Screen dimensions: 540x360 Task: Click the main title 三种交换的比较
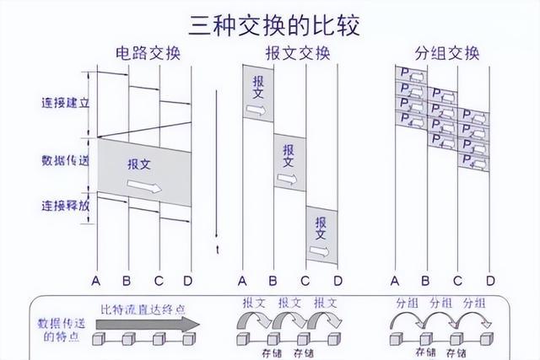(271, 24)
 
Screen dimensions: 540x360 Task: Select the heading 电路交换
(148, 55)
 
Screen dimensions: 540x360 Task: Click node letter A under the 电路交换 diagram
(97, 279)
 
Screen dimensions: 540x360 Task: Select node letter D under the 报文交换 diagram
(337, 279)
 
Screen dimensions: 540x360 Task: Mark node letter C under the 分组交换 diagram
(458, 279)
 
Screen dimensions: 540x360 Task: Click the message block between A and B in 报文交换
(258, 94)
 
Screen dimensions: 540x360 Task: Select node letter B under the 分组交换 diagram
(425, 279)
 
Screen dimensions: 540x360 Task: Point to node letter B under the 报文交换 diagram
(273, 279)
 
